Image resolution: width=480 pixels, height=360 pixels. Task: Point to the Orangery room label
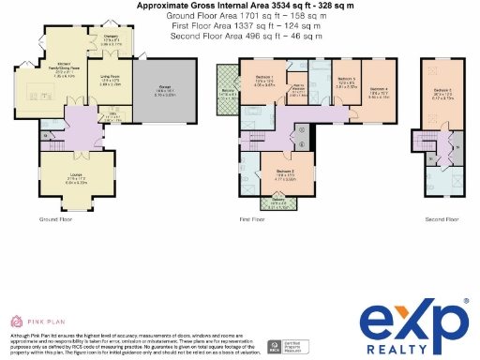111,39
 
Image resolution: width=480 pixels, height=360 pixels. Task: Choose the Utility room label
112,115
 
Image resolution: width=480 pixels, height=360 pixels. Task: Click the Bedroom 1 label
263,76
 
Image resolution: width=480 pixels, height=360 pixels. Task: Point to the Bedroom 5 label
346,80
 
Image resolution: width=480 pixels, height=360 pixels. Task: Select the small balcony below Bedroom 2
278,199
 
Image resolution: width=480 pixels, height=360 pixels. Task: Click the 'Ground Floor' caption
56,218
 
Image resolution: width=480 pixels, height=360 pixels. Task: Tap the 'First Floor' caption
252,218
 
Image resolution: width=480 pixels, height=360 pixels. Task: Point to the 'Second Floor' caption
442,218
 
